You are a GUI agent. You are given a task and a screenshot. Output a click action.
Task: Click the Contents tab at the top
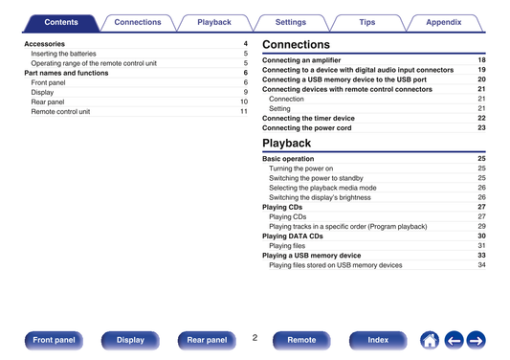pos(61,22)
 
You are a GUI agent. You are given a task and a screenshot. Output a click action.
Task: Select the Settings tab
pos(291,22)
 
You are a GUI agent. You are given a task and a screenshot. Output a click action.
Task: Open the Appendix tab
pos(444,22)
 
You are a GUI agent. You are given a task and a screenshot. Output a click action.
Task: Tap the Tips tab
pos(367,22)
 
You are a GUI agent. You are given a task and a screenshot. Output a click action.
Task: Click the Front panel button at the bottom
pos(54,340)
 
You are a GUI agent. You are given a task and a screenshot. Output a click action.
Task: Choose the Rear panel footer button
pos(207,340)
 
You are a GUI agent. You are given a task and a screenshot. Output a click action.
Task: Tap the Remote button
pos(301,340)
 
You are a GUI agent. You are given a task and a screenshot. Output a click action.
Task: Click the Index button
pos(378,340)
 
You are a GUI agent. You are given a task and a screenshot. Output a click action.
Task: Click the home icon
pos(430,341)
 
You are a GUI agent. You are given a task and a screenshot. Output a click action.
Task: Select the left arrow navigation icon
pos(455,341)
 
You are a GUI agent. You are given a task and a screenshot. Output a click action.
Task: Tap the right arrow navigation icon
pos(477,341)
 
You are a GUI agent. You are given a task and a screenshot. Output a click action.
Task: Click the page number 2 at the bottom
pos(255,338)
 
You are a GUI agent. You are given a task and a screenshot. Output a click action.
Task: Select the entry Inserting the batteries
pos(63,54)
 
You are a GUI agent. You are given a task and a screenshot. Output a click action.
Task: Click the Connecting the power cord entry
pos(307,128)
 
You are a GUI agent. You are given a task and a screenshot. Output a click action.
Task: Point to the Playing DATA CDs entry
pos(293,236)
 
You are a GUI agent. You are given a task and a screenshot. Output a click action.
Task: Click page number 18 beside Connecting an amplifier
pos(481,60)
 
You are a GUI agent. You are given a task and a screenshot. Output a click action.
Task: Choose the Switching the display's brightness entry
pos(320,197)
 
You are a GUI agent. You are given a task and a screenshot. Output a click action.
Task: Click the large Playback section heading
pos(286,144)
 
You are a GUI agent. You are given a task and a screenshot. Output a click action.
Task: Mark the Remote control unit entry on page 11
pos(60,112)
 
